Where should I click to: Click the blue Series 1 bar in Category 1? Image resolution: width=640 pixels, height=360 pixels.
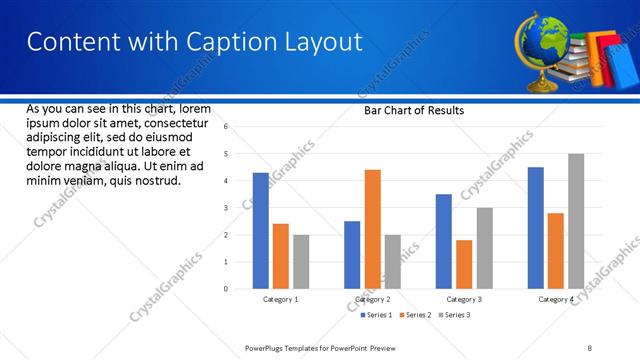261,231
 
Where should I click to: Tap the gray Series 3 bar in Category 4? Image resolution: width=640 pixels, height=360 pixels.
576,221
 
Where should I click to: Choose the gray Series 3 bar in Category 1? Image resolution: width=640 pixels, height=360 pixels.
301,262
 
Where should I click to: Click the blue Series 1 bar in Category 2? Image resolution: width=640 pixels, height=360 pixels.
352,255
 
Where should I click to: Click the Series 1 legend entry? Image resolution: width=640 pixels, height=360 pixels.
378,315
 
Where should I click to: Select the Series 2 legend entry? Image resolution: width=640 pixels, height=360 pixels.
416,315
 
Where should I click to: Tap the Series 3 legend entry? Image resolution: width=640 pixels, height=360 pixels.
455,315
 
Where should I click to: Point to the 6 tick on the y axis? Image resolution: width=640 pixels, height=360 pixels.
226,127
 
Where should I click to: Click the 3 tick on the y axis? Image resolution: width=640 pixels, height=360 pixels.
226,208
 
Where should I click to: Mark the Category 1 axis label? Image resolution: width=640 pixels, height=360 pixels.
281,300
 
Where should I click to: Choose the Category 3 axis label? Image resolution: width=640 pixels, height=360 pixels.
464,300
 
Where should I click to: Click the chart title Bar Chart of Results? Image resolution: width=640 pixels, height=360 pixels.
413,111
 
